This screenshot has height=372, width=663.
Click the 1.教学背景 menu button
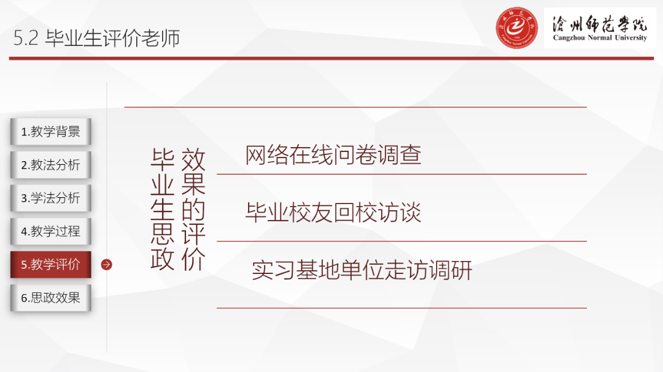(x=50, y=132)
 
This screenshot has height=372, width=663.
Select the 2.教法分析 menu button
(x=50, y=165)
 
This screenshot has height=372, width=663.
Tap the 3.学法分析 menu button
(x=50, y=198)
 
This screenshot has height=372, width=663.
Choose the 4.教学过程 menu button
(x=50, y=231)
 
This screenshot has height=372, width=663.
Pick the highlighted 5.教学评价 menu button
(x=50, y=265)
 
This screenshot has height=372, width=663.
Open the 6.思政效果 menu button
(x=50, y=298)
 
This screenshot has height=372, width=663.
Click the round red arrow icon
(x=107, y=265)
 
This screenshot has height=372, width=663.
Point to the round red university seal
(x=517, y=28)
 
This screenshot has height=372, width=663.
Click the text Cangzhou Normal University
(x=600, y=38)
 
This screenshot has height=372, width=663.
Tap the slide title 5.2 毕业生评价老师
(x=96, y=39)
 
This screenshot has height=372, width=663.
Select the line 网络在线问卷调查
(x=333, y=155)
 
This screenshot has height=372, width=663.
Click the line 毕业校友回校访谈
(x=333, y=213)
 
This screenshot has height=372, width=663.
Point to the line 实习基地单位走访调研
(x=362, y=270)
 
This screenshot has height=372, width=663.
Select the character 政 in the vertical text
(x=163, y=259)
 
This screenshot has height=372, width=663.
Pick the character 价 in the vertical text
(x=193, y=259)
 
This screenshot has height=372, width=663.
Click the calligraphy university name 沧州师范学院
(x=600, y=23)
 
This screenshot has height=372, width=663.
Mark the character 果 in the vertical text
(x=193, y=184)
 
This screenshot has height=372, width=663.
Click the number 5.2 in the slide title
(x=26, y=39)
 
